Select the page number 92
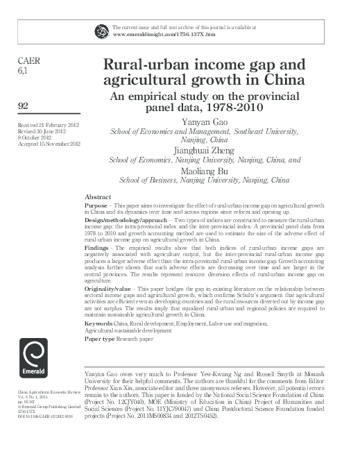point(23,106)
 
